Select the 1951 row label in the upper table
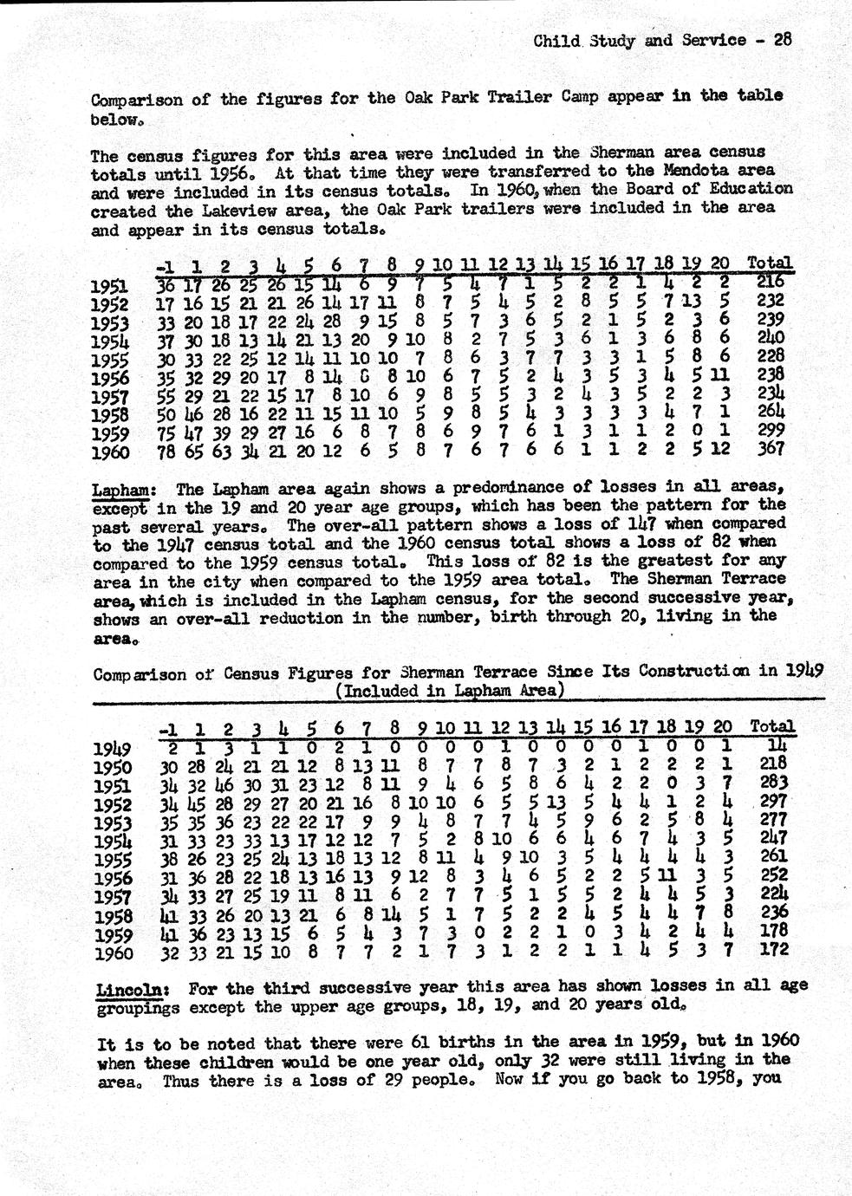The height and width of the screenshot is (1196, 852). coord(110,286)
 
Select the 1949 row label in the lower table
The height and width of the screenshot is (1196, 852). coord(112,749)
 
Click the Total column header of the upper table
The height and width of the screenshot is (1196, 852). coord(769,262)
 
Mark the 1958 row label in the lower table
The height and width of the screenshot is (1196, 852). coord(112,918)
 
